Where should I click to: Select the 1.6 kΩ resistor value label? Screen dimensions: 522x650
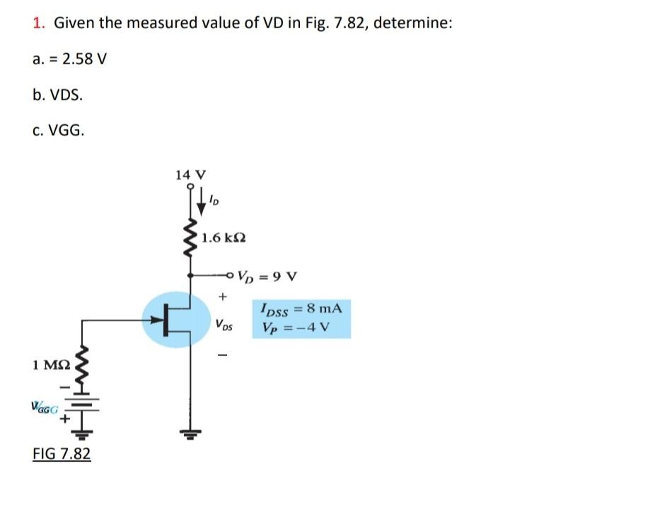[x=223, y=237]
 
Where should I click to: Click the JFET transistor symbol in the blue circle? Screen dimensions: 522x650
[x=177, y=319]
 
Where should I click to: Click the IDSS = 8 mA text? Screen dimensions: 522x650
[x=301, y=308]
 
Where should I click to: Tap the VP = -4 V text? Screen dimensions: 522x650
[x=295, y=328]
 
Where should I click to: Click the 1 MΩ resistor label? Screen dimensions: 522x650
[x=51, y=365]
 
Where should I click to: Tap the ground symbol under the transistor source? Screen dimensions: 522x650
[x=190, y=433]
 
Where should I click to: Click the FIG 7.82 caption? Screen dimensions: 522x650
[x=62, y=453]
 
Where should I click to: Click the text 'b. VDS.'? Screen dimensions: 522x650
[x=57, y=94]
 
